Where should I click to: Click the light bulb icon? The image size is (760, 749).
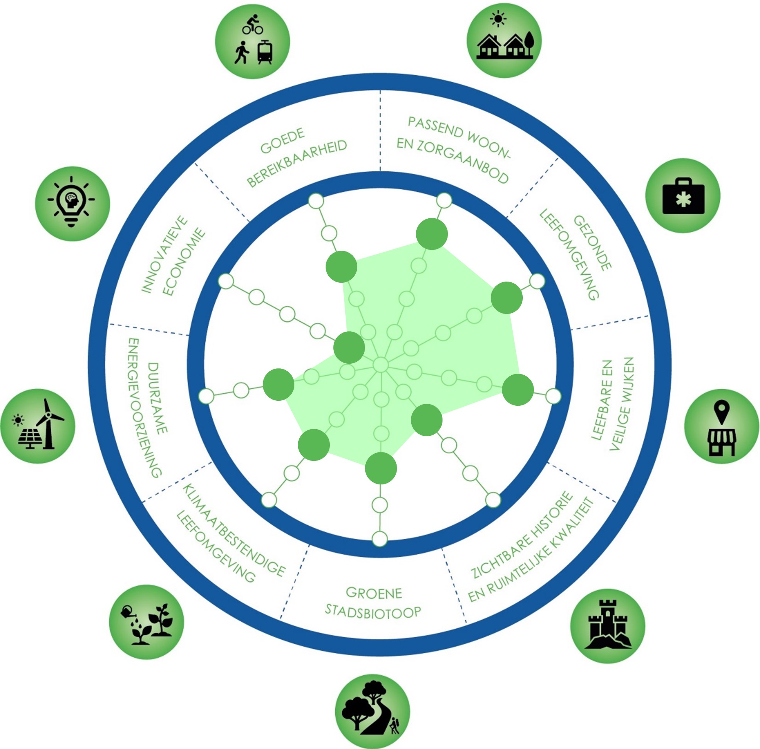72,203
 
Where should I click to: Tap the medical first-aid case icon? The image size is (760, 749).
683,196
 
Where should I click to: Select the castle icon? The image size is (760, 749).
608,626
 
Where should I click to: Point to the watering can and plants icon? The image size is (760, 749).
146,622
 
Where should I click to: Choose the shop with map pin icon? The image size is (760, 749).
721,426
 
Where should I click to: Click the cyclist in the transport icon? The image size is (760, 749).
252,25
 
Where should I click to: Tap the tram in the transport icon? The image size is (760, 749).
265,53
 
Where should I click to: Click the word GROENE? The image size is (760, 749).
374,593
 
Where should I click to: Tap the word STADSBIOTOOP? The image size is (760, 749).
373,612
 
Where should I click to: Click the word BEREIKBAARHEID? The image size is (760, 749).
297,163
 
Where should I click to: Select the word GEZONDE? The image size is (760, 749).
593,243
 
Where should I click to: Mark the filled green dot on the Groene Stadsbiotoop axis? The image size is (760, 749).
380,468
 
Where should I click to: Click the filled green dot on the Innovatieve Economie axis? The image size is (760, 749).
349,348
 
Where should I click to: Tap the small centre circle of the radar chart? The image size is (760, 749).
380,365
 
